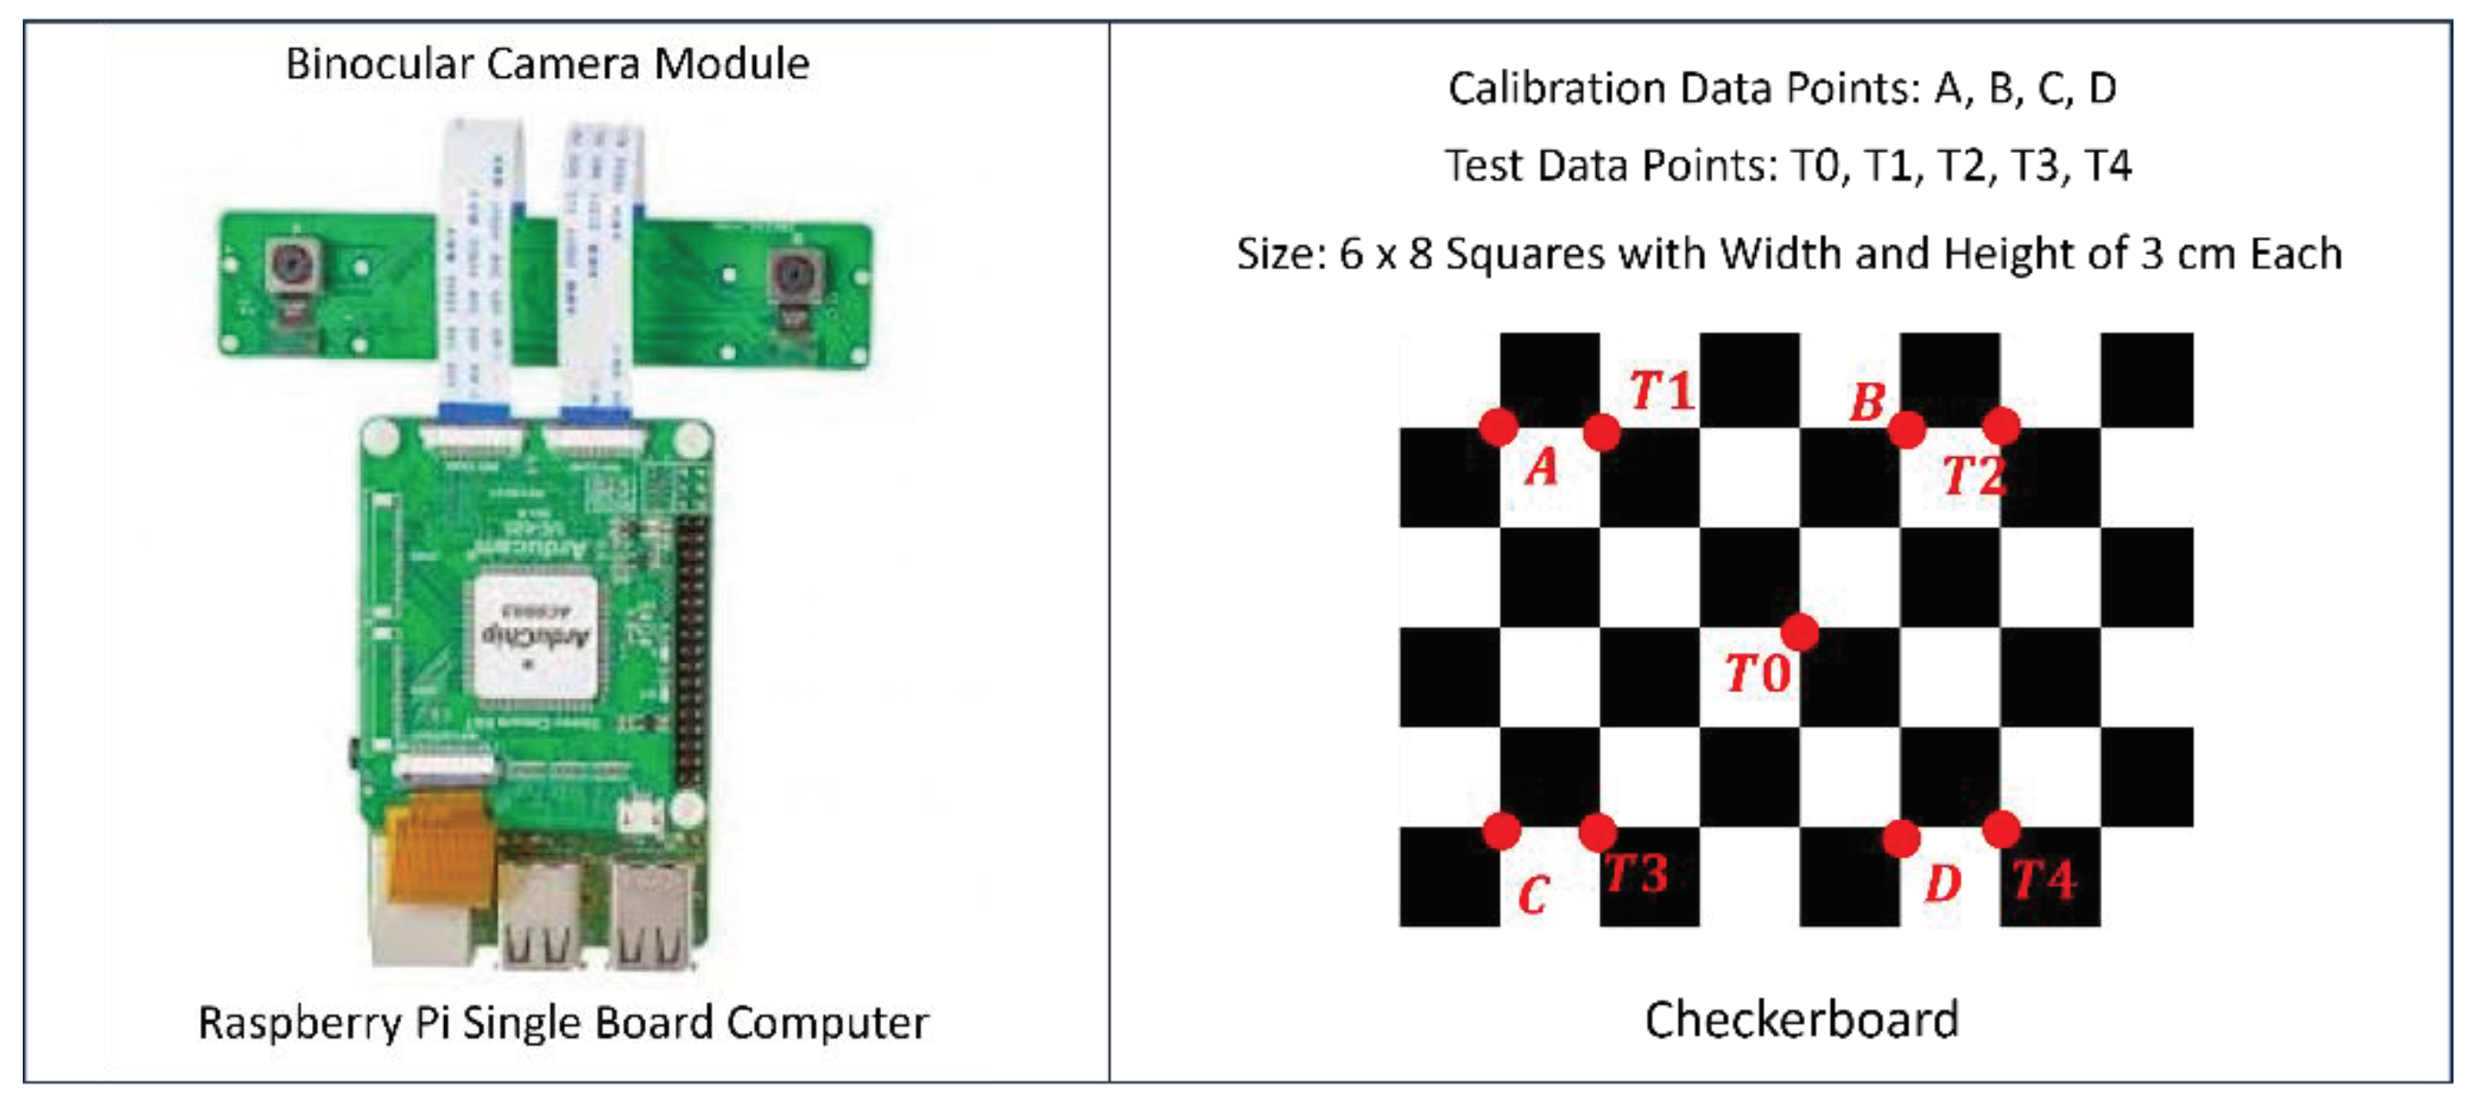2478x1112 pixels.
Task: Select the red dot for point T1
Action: click(x=1600, y=432)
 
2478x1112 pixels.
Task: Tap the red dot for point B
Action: click(x=1905, y=429)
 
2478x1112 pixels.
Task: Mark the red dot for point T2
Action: click(x=2001, y=425)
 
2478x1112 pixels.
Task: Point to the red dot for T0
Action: click(x=1799, y=632)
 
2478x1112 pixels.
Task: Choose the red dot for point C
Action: click(x=1501, y=831)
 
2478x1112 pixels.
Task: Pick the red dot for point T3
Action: click(x=1598, y=832)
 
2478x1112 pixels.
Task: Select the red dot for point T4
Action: click(x=2001, y=829)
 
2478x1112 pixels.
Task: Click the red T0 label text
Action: click(x=1757, y=673)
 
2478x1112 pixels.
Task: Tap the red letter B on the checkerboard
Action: click(x=1867, y=402)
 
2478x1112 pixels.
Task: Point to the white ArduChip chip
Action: click(x=535, y=636)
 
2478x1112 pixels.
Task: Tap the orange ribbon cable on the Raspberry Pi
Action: click(x=437, y=847)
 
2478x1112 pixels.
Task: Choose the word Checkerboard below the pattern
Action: click(x=1801, y=1019)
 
